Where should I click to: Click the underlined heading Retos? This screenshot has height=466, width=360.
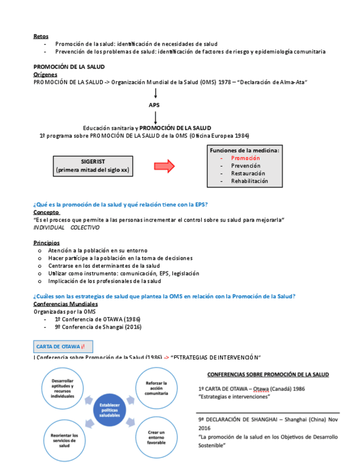point(41,36)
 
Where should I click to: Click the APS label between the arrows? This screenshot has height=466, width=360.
point(154,104)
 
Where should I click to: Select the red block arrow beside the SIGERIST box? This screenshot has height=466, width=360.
point(164,166)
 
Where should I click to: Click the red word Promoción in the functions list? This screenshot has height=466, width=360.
point(245,158)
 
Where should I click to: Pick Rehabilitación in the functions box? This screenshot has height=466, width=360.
point(249,181)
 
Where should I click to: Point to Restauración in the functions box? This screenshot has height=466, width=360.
point(248,173)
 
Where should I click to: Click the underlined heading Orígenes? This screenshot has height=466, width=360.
point(45,74)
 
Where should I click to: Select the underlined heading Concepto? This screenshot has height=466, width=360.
point(46,212)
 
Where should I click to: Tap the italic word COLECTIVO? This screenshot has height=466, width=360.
point(85,227)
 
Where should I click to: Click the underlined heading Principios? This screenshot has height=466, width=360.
point(47,242)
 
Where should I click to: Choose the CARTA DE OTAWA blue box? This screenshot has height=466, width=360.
point(63,347)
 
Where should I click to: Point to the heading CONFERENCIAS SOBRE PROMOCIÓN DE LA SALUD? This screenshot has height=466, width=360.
point(268,375)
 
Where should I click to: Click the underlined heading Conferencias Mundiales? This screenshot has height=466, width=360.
point(65,304)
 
